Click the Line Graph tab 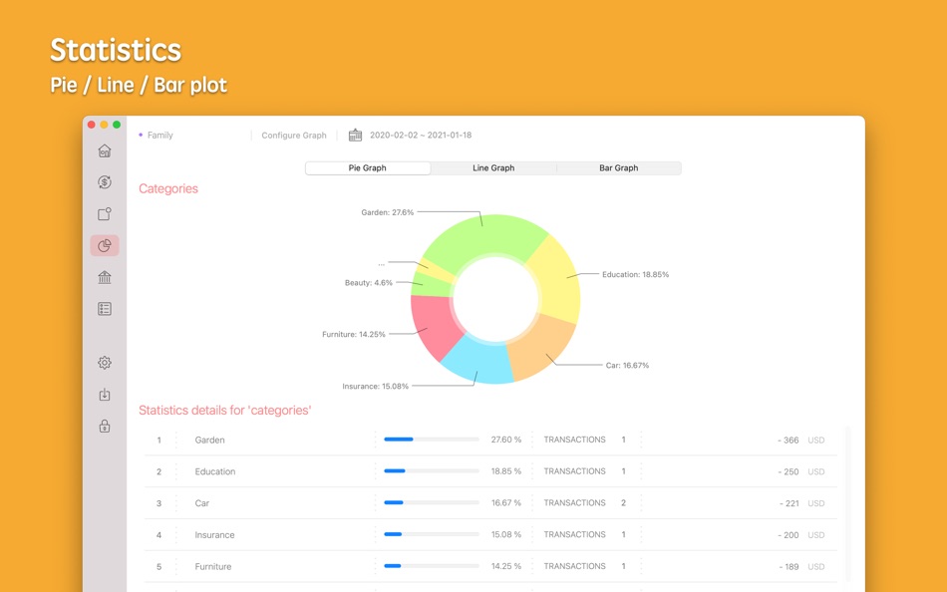coord(493,168)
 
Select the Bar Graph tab coord(618,168)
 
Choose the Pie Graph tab coord(368,168)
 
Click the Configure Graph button coord(294,136)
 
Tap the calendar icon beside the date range coord(355,136)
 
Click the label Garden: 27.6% coord(387,212)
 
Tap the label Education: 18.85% coord(635,274)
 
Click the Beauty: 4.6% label coord(369,283)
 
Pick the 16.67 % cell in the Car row coord(505,503)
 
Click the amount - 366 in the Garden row coord(789,441)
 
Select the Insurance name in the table coord(214,535)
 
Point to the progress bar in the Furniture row coord(431,566)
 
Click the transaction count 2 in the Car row coord(624,503)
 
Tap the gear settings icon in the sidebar coord(105,363)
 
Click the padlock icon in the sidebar coord(105,426)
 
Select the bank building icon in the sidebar coord(105,277)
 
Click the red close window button coord(92,125)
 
